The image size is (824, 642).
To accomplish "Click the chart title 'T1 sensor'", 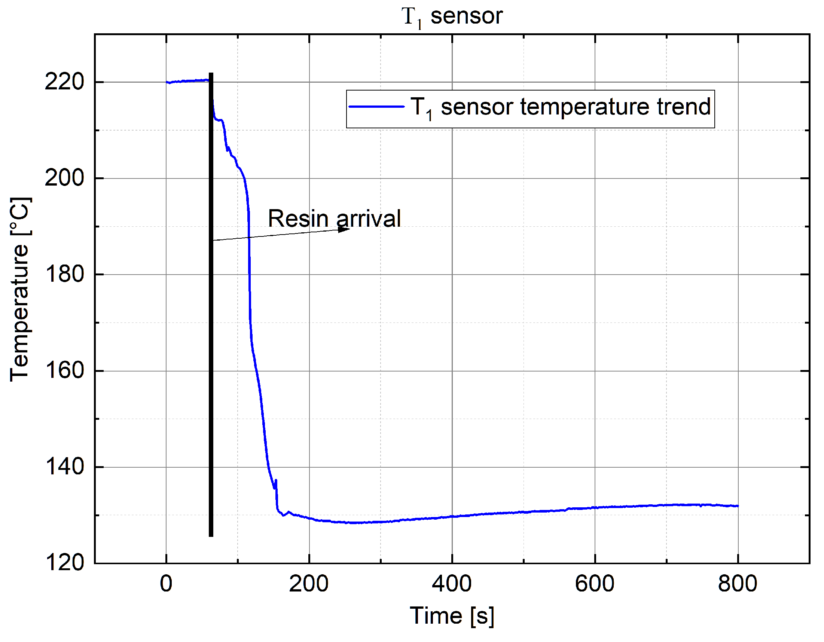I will point(452,16).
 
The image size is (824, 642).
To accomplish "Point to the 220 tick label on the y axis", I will point(64,82).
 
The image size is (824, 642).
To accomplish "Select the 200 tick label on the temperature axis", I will point(64,178).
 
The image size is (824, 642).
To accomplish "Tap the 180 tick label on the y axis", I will point(64,274).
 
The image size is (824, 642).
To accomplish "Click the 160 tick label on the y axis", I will point(64,370).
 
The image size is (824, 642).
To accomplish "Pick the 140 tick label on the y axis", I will point(64,467).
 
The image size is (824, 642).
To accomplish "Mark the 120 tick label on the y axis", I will point(64,562).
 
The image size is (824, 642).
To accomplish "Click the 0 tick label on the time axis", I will point(166,584).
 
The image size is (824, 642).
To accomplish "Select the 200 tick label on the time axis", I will point(309,584).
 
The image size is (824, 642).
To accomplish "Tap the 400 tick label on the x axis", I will point(452,584).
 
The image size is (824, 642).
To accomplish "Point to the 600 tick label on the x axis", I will point(595,584).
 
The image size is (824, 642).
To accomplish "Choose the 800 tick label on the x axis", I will point(738,584).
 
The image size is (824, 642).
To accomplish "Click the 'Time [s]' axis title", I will point(452,616).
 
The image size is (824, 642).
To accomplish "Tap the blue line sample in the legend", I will point(376,107).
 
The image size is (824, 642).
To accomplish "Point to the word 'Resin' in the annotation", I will point(298,218).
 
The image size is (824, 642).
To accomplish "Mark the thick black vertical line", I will point(211,339).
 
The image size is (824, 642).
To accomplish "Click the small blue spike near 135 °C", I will point(276,483).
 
